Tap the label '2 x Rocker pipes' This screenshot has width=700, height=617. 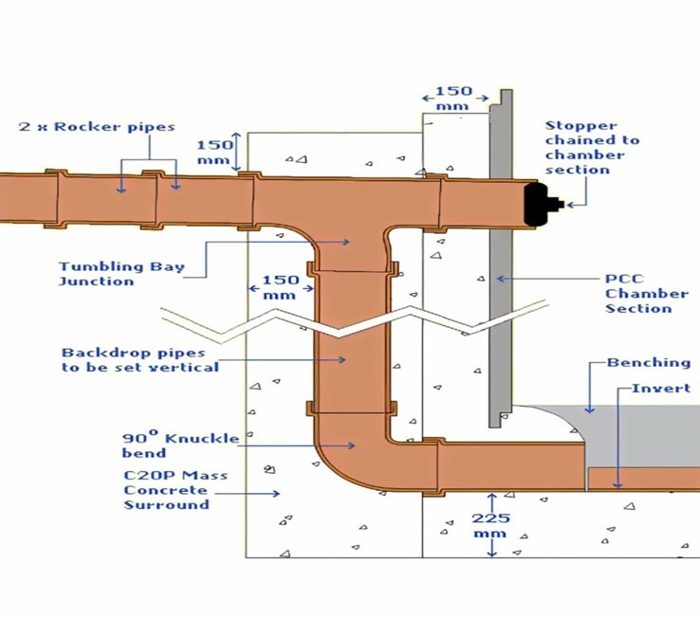(97, 127)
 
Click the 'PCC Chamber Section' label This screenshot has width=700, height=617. (637, 294)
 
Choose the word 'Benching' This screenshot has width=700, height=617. (649, 363)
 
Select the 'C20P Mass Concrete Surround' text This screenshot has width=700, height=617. (166, 490)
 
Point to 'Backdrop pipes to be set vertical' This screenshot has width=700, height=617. (139, 359)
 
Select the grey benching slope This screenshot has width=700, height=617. (561, 422)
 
